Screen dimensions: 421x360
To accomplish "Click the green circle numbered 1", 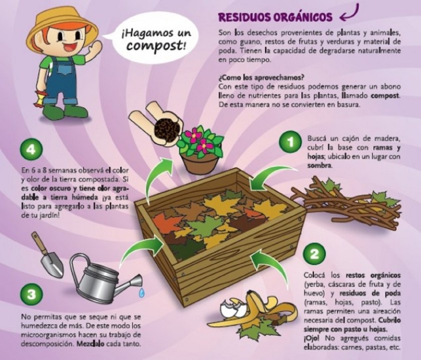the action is coord(290,142).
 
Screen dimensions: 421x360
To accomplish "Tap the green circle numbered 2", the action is coord(314,254).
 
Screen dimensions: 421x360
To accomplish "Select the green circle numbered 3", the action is coord(32,294).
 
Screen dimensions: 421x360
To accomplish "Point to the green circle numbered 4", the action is coord(32,149).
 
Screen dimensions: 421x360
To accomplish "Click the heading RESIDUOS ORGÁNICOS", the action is coord(276,17).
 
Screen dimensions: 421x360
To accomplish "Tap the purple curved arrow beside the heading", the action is coord(350,14).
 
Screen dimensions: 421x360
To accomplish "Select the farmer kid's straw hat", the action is coord(62,25).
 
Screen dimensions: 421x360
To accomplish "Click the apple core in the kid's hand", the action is coord(39,98).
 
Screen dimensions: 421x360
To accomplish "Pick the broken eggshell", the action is coord(233,307).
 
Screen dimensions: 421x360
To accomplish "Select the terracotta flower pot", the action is coord(200,161).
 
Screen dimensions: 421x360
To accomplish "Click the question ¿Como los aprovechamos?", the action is coord(261,78).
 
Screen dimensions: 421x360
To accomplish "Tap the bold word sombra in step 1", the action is coord(319,166).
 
